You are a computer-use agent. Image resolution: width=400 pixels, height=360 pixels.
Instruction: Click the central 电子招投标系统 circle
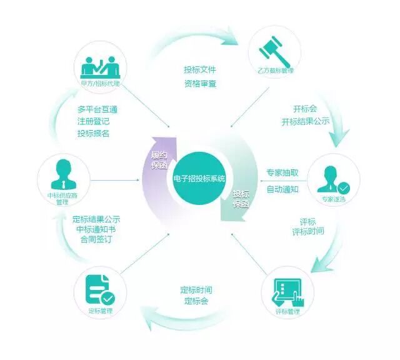[x=199, y=179]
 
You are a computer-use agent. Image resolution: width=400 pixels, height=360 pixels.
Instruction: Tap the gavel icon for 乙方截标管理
[x=274, y=50]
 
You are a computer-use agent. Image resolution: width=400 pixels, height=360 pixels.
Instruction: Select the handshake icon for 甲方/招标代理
[x=100, y=64]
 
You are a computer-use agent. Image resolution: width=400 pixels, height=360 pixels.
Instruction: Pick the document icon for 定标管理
[x=99, y=289]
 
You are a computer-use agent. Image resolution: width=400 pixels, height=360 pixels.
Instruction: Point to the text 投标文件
[x=200, y=69]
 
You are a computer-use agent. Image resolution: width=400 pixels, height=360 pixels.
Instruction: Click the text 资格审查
[x=200, y=84]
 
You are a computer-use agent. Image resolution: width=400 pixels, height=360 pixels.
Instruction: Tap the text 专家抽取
[x=282, y=173]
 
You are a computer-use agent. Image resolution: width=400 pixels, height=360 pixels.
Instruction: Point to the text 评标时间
[x=308, y=231]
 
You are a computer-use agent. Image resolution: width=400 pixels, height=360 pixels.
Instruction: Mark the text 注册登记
[x=93, y=121]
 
